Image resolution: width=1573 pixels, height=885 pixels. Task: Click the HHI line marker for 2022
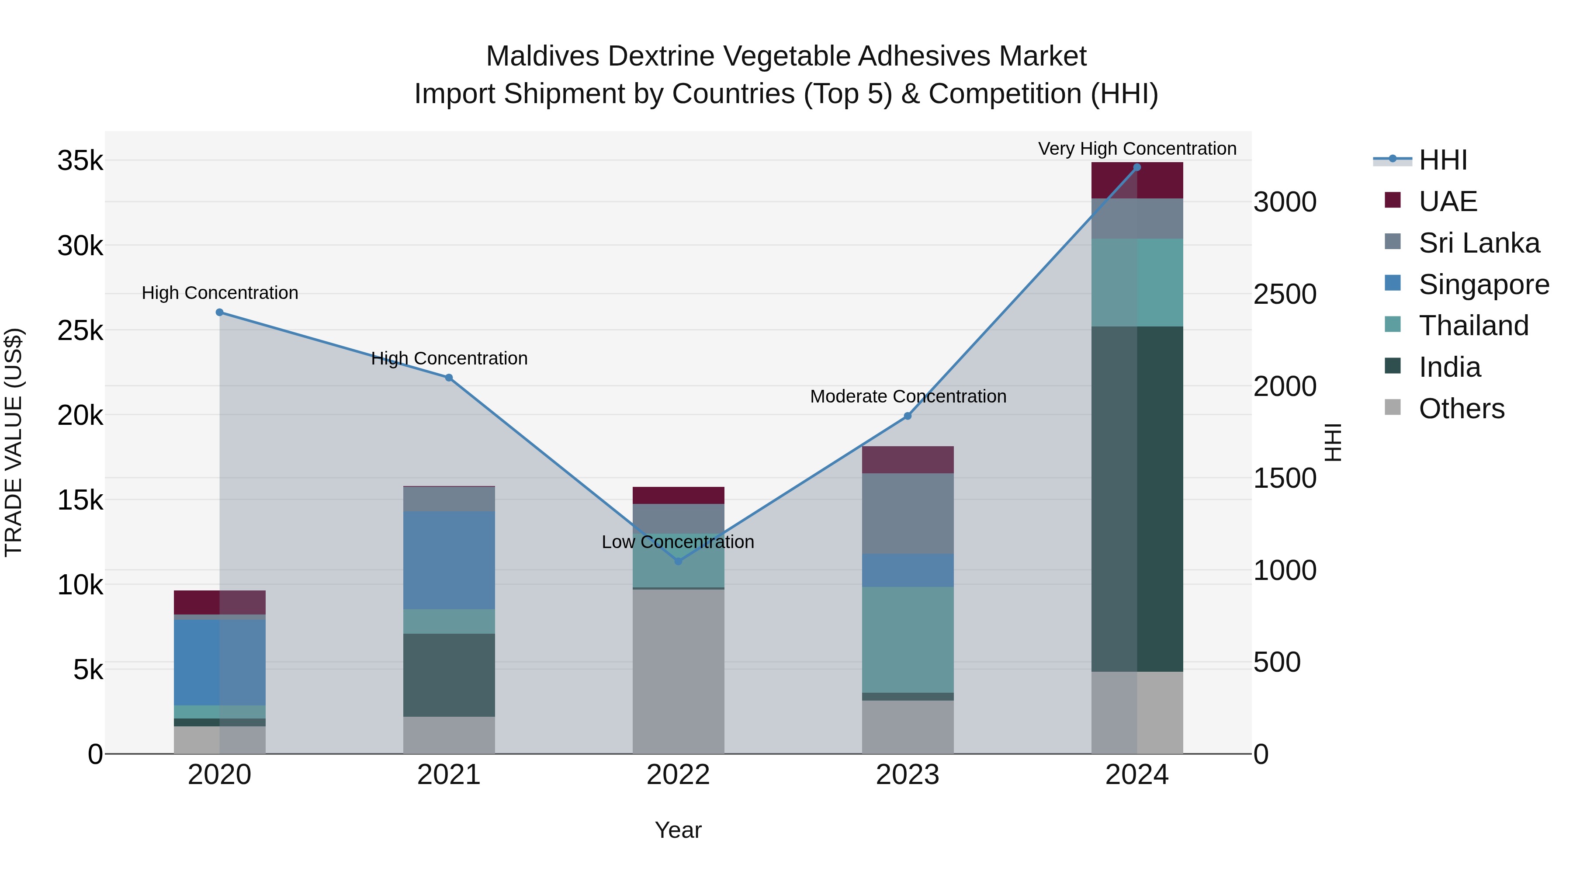(678, 561)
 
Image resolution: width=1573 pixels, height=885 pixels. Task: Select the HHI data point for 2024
(1136, 167)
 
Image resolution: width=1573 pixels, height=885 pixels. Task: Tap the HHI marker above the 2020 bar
(220, 312)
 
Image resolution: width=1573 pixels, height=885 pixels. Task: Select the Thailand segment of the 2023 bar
(908, 639)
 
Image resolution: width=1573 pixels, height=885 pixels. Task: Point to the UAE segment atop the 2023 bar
(908, 459)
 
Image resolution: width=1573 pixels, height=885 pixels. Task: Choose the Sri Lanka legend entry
(1478, 243)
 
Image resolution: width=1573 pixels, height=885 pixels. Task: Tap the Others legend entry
(1461, 409)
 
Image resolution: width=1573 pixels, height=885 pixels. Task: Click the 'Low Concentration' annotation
(678, 542)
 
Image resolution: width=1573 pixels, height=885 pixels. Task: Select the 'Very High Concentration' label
(1136, 149)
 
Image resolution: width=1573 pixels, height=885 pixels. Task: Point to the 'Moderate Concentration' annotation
(908, 396)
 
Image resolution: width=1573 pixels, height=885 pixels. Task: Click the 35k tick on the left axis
(80, 161)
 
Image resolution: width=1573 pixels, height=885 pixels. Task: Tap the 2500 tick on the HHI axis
(1284, 295)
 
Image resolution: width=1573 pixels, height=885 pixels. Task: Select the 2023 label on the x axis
(908, 775)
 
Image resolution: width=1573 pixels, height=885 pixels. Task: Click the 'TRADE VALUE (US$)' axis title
(14, 442)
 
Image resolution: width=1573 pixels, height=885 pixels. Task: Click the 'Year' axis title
(678, 830)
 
